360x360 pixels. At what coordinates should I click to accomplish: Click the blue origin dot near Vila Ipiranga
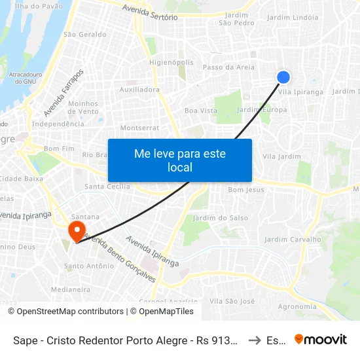click(283, 77)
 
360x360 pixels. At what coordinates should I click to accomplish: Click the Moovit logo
click(321, 339)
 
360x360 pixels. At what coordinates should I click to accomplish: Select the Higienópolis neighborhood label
click(171, 63)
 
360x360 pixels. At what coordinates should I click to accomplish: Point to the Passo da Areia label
click(228, 67)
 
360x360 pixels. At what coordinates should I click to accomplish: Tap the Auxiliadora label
click(139, 89)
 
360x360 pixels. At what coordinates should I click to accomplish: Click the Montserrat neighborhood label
click(139, 128)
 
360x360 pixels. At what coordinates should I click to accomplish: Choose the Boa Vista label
click(200, 111)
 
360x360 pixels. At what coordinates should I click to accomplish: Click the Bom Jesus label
click(246, 190)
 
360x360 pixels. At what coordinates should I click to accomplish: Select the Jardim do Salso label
click(212, 217)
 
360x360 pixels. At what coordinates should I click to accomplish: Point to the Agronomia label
click(297, 306)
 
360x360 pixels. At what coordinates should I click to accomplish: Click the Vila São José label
click(232, 301)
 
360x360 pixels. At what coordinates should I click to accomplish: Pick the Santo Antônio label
click(88, 266)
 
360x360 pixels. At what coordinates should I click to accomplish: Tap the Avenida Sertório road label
click(150, 13)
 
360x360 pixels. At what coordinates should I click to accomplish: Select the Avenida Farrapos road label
click(63, 92)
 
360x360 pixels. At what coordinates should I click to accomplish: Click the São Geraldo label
click(84, 34)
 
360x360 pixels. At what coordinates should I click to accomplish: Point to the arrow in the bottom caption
click(255, 340)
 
